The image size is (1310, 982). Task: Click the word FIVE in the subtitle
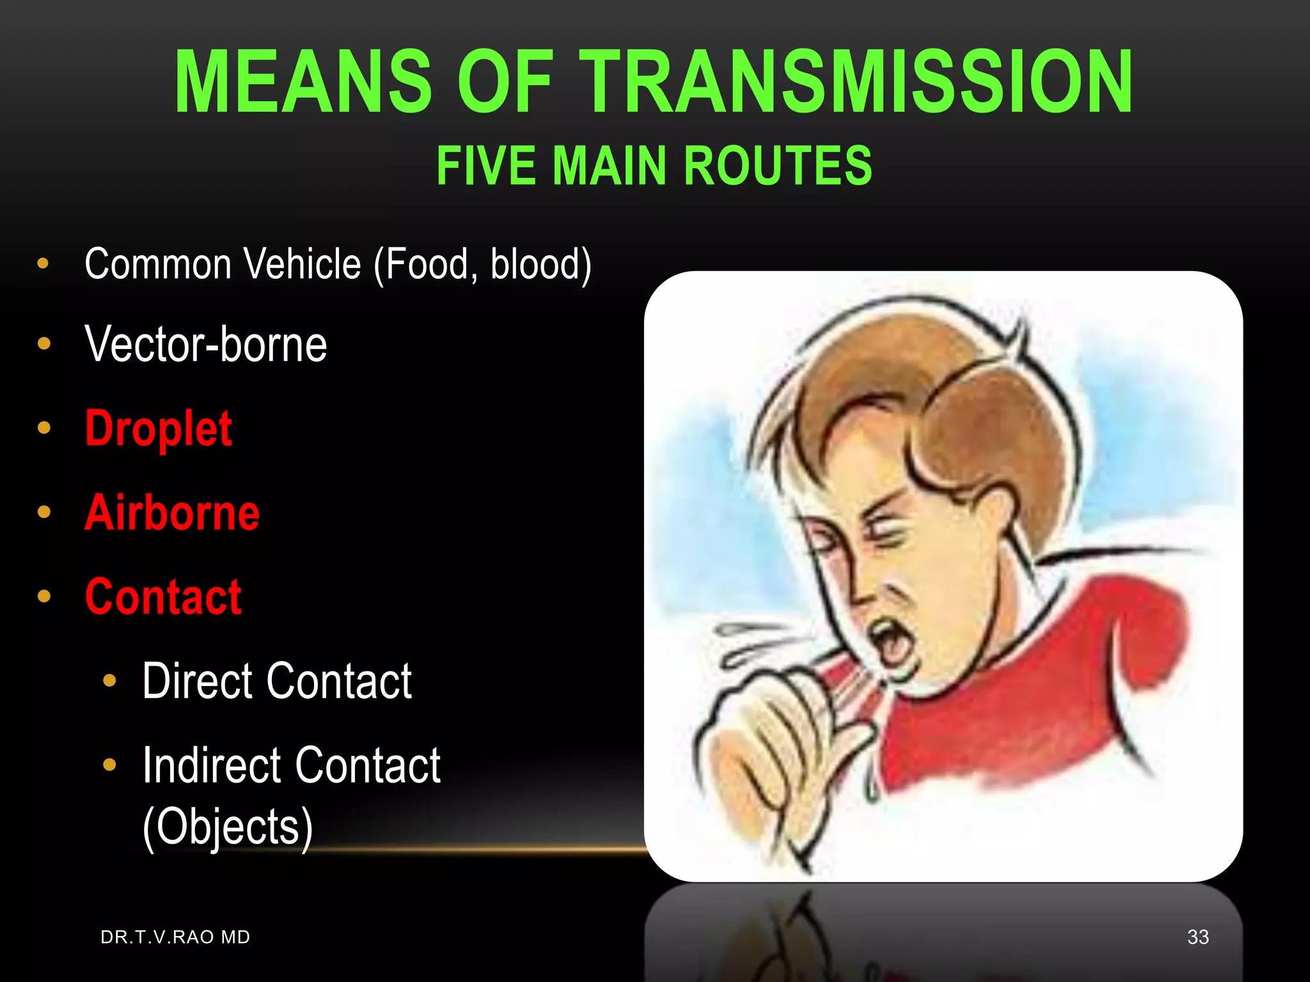pos(486,166)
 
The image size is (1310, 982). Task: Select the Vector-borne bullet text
pos(205,344)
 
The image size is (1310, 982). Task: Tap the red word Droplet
pos(159,428)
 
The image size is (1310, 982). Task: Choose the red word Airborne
pos(172,513)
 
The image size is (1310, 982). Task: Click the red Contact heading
pos(163,596)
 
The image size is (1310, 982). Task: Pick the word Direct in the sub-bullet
pos(198,681)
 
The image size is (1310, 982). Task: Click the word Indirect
pos(211,765)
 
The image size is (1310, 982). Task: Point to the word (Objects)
pos(228,826)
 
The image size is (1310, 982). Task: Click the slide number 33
pos(1197,937)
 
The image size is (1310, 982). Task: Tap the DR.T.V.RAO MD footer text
pos(175,937)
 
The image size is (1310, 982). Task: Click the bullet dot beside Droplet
pos(44,428)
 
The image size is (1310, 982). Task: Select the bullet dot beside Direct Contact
pos(109,681)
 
